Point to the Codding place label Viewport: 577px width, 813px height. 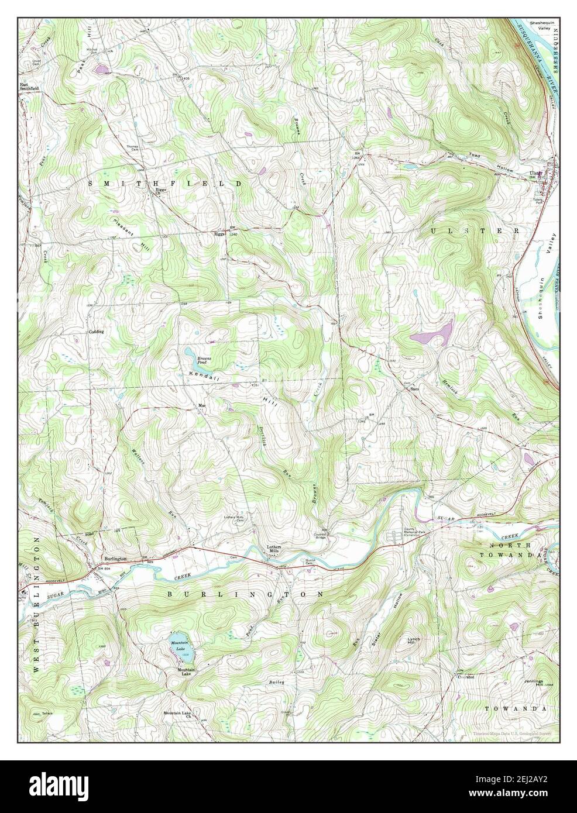[x=96, y=332]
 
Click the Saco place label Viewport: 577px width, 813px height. [x=415, y=389]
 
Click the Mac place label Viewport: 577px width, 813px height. [x=202, y=405]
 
